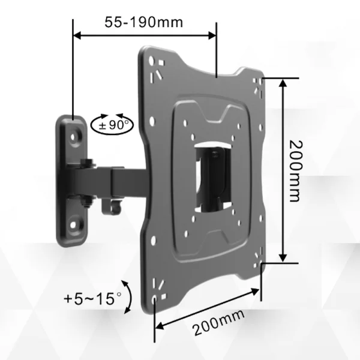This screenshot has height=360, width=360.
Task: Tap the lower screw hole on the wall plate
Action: (x=74, y=226)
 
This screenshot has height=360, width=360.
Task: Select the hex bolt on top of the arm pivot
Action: (x=88, y=162)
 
